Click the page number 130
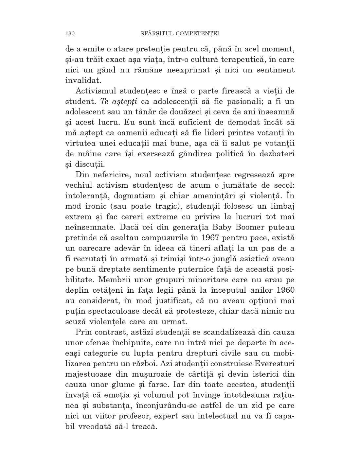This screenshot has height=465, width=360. pos(70,33)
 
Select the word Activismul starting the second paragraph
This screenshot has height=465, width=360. pos(95,91)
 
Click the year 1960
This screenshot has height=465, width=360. pos(285,290)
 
